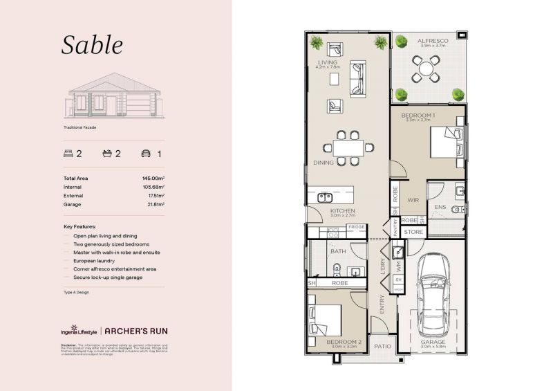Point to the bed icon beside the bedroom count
coord(68,154)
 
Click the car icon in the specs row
coord(146,154)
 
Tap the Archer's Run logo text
coord(136,331)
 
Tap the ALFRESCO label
coord(433,41)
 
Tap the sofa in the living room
coord(358,78)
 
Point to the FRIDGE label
coord(356,227)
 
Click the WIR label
coord(413,200)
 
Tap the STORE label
coord(413,232)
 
